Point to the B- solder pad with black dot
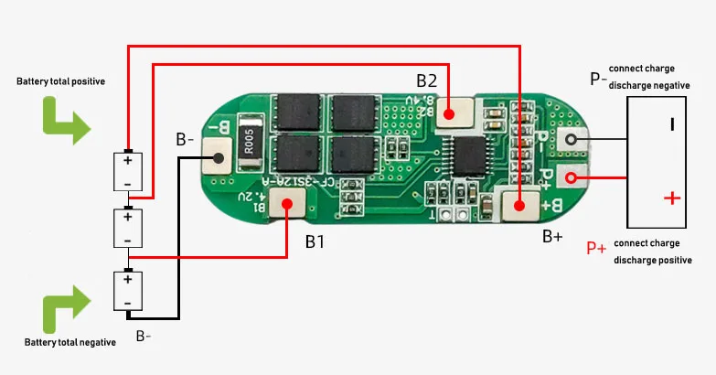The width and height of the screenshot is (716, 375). click(218, 161)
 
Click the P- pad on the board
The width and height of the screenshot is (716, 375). click(572, 140)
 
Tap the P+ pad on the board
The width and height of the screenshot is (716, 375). click(572, 177)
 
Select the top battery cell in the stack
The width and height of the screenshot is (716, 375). click(128, 171)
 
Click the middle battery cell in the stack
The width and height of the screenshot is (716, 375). click(128, 228)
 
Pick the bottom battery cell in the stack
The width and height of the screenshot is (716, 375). click(128, 291)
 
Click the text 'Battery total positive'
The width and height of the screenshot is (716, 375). click(60, 81)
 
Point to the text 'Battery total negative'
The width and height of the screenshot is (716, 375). click(70, 342)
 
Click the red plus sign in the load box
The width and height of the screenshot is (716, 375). click(672, 197)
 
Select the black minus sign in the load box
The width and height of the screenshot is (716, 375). click(672, 123)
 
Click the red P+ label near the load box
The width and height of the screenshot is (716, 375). click(596, 247)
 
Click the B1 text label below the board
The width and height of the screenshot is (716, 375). click(315, 242)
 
